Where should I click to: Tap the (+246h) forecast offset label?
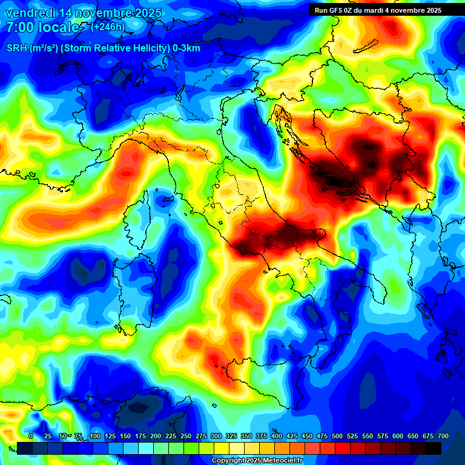click(x=107, y=27)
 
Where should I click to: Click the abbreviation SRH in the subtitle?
click(x=16, y=48)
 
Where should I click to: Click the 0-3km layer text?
click(x=186, y=48)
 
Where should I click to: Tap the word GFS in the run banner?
click(x=340, y=10)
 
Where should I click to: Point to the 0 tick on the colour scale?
click(x=31, y=436)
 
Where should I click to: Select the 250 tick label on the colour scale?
click(x=186, y=436)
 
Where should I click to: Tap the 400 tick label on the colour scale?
click(x=277, y=436)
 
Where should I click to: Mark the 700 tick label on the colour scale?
click(x=443, y=436)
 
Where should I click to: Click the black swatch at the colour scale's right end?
click(x=434, y=448)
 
